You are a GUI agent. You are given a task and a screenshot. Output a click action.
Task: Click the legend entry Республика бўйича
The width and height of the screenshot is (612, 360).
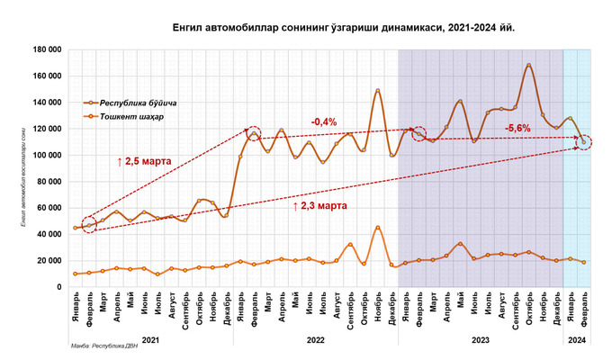pyautogui.click(x=135, y=103)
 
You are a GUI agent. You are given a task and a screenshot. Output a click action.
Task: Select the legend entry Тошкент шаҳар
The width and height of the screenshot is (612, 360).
pyautogui.click(x=130, y=117)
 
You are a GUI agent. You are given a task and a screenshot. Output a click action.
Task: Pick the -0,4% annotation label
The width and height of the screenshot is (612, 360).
pyautogui.click(x=325, y=121)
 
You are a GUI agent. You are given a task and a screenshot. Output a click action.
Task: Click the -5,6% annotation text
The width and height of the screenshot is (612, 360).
pyautogui.click(x=517, y=128)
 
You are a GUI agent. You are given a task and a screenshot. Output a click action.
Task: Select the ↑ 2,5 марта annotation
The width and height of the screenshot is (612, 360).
pyautogui.click(x=149, y=160)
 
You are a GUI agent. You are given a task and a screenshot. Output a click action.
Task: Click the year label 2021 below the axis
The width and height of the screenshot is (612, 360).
pyautogui.click(x=150, y=341)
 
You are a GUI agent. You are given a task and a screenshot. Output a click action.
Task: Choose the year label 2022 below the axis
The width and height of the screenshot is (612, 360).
pyautogui.click(x=315, y=341)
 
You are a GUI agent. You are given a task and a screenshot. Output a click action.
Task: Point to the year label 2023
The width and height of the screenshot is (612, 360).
pyautogui.click(x=480, y=341)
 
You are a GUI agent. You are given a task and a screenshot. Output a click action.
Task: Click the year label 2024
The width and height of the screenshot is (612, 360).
pyautogui.click(x=577, y=341)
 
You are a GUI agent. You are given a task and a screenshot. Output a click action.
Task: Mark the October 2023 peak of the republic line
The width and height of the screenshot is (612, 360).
pyautogui.click(x=529, y=65)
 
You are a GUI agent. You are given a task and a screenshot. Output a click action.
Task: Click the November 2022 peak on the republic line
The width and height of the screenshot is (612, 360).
pyautogui.click(x=378, y=90)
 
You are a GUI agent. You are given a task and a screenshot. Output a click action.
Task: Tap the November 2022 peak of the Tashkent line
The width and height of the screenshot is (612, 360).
pyautogui.click(x=378, y=227)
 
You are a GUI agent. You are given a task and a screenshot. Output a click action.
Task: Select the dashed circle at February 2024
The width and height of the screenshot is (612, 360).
pyautogui.click(x=584, y=142)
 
